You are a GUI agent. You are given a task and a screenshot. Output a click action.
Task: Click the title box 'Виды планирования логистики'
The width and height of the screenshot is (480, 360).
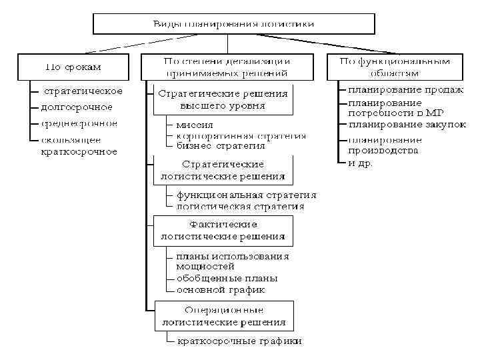234,24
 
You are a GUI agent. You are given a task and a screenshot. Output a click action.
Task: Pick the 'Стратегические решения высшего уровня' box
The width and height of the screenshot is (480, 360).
223,99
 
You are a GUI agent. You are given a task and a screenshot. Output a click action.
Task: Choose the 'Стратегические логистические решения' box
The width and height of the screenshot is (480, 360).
223,170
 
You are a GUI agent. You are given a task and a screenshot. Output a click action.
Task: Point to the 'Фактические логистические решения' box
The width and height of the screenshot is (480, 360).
223,230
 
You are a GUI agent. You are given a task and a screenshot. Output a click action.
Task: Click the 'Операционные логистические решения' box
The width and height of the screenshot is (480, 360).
223,316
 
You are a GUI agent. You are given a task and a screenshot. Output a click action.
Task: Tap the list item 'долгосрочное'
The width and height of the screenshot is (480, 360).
77,107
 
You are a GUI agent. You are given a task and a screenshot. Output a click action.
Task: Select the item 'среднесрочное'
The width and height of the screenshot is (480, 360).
79,123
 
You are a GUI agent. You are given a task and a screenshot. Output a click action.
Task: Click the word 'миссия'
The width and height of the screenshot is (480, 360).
195,125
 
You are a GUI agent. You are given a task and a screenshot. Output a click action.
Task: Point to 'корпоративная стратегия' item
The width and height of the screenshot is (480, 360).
241,135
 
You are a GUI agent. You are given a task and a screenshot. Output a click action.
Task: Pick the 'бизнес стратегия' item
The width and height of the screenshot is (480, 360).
221,145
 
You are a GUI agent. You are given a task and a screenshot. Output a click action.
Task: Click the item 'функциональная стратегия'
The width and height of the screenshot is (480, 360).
246,195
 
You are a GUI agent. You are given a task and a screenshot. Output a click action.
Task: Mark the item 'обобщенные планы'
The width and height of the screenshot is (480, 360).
227,278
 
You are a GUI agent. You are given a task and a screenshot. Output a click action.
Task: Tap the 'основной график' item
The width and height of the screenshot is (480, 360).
221,290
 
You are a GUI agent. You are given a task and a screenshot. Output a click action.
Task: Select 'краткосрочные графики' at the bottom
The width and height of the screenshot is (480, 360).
239,341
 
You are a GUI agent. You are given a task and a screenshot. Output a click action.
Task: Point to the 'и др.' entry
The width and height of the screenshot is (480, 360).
361,162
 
